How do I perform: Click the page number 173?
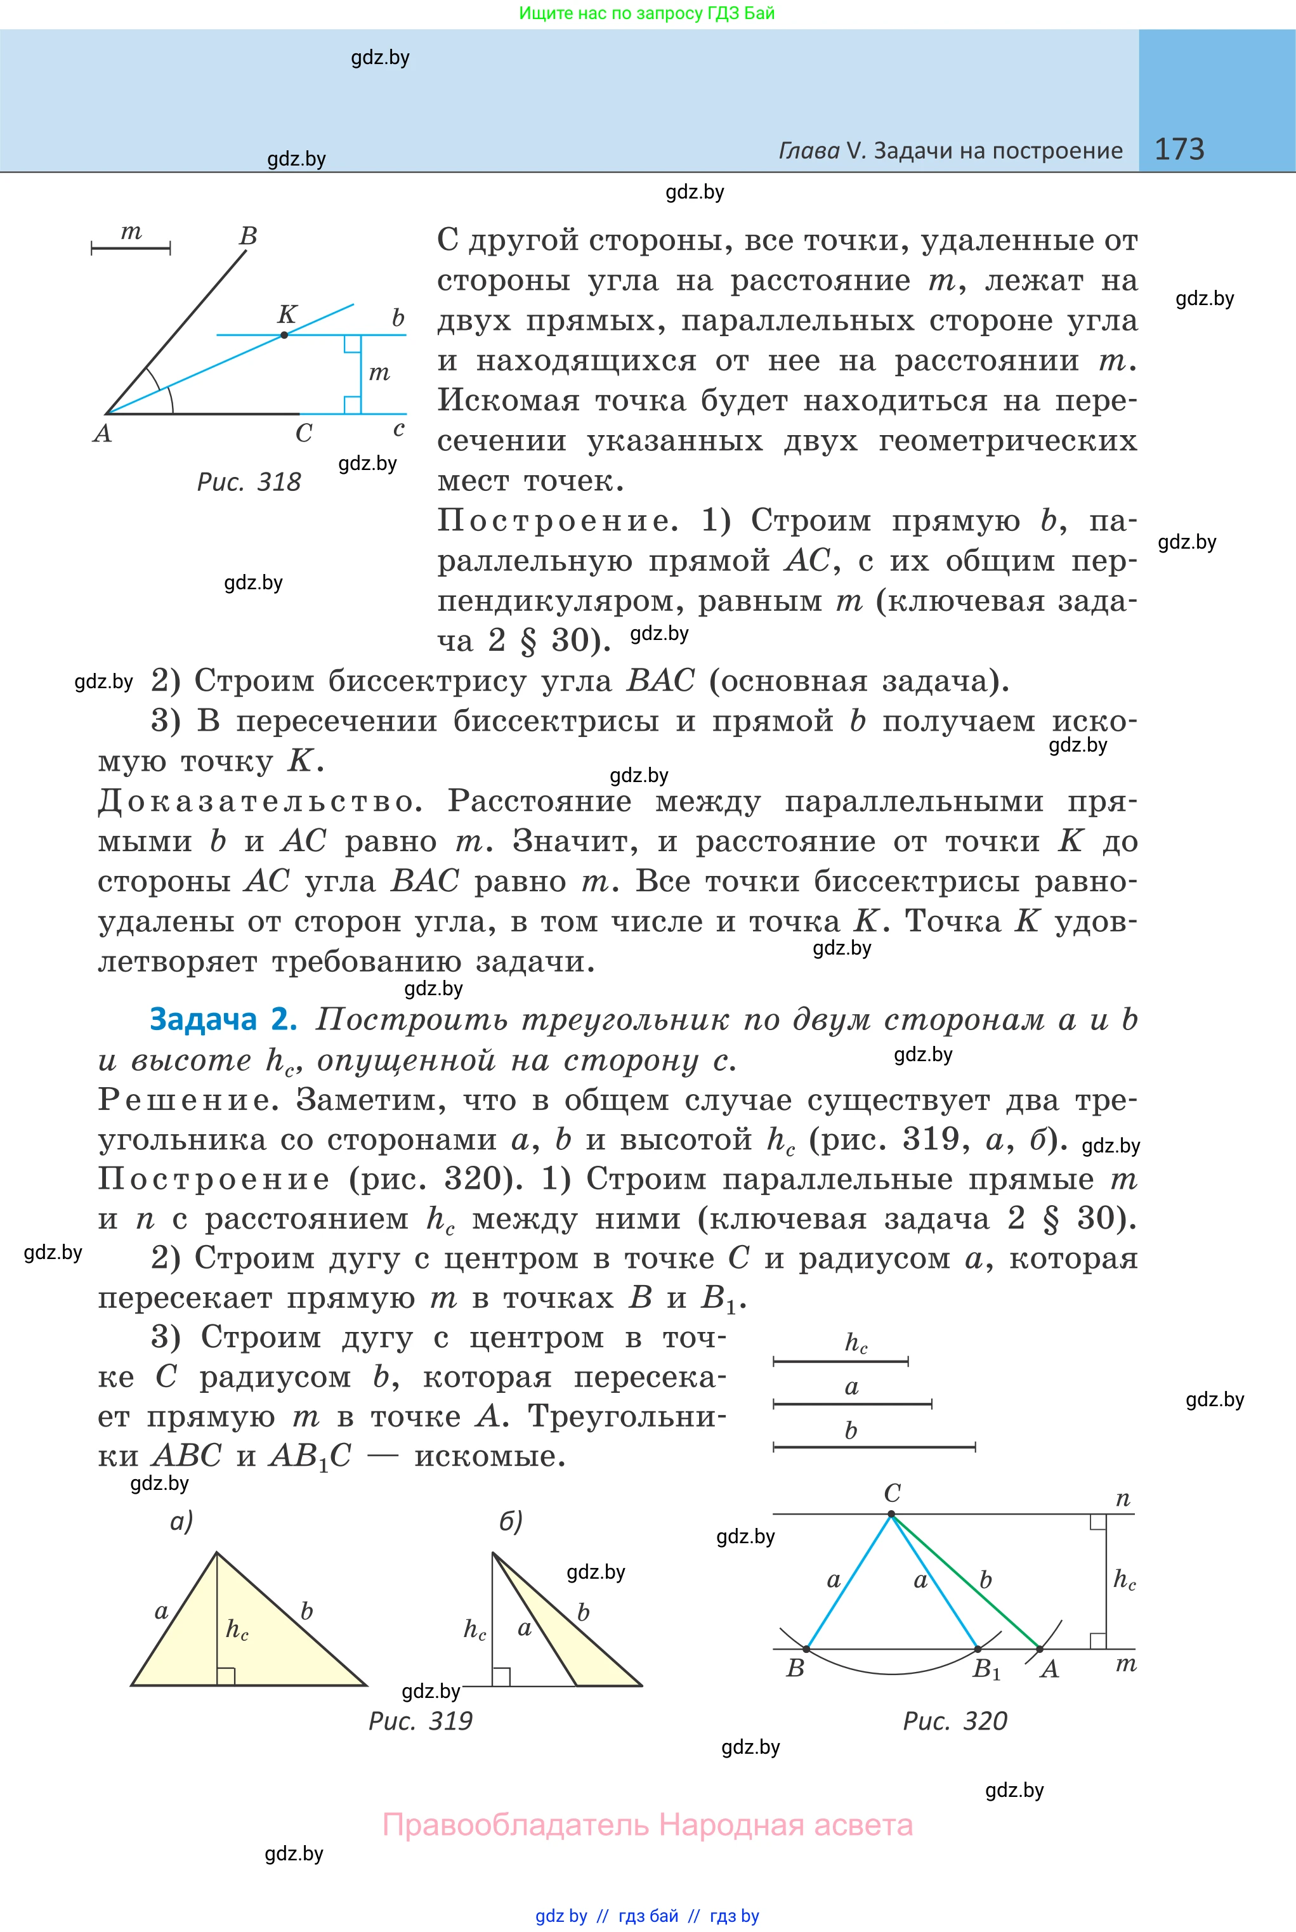1179,149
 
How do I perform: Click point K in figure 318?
284,335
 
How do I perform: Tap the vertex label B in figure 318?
248,237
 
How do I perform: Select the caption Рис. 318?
249,482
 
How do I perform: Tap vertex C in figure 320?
891,1515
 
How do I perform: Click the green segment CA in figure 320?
967,1583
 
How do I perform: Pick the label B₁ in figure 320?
986,1669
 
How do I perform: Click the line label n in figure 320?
1122,1499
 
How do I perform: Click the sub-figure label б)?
511,1521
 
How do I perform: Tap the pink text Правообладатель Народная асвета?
647,1825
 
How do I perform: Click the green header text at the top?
647,13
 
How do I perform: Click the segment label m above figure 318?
131,232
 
